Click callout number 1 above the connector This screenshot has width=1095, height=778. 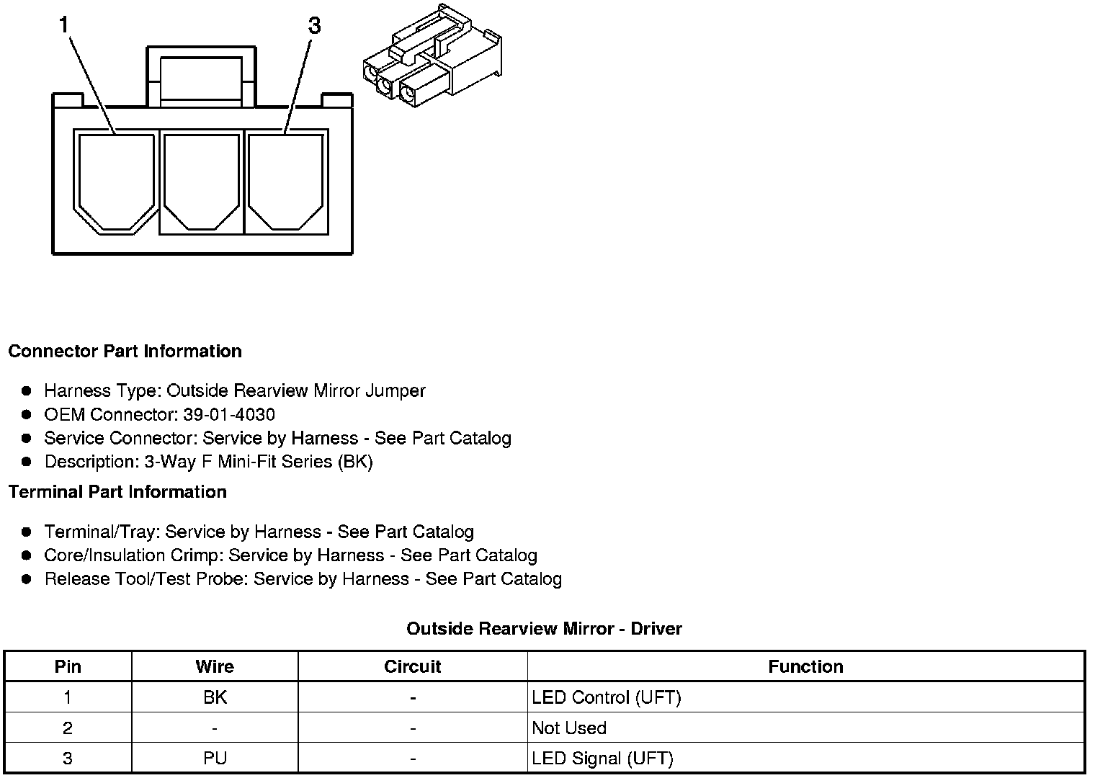[64, 26]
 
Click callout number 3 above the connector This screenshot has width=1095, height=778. [314, 26]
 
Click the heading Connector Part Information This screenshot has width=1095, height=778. [125, 352]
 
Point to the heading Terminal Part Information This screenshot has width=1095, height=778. [117, 492]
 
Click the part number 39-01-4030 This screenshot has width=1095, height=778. [229, 415]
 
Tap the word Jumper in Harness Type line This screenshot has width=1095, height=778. [395, 391]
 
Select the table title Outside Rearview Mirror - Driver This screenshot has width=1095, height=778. [544, 629]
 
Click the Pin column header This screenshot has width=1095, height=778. [68, 667]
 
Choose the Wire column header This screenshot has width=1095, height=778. [215, 667]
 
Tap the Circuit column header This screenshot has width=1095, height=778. [412, 667]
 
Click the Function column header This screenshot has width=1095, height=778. [805, 667]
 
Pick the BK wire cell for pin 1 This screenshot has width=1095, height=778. [215, 697]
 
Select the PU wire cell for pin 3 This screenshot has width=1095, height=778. [215, 759]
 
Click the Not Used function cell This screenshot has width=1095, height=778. [569, 728]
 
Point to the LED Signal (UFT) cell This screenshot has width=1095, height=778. [602, 759]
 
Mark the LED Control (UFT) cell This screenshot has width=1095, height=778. [606, 697]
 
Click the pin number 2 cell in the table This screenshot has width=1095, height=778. [68, 728]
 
